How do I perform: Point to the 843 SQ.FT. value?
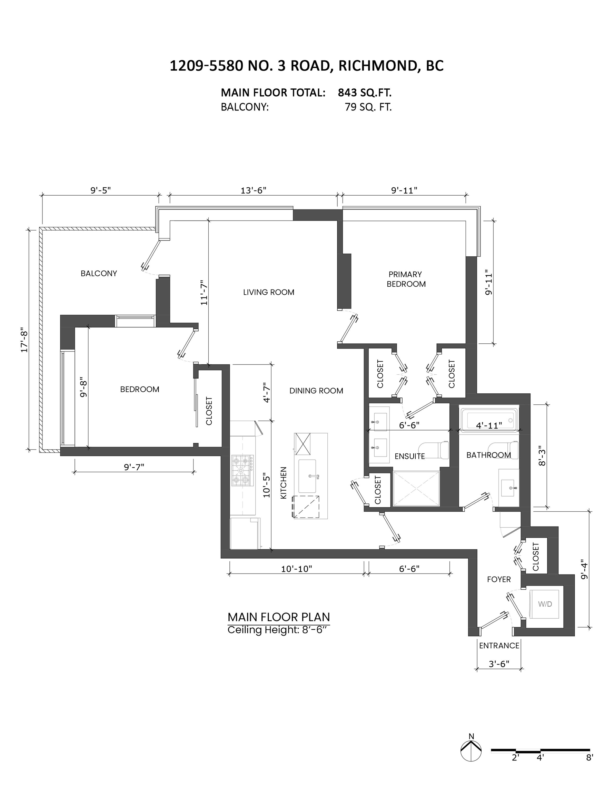coord(364,93)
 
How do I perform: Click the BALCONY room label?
coord(99,273)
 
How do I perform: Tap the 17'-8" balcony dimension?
coord(24,341)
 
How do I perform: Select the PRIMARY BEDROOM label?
coord(405,279)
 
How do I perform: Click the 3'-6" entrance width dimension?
coord(499,664)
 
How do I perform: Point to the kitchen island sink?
coord(307,476)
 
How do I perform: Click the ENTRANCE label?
coord(499,646)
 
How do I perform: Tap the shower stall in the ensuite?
coord(416,489)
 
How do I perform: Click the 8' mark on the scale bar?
coord(589,757)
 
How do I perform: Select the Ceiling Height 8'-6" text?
coord(279,630)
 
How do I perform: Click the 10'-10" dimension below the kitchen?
coord(296,569)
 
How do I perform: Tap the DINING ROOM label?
coord(316,391)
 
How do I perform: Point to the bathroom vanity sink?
coord(508,488)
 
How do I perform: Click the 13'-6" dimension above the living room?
coord(253,190)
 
